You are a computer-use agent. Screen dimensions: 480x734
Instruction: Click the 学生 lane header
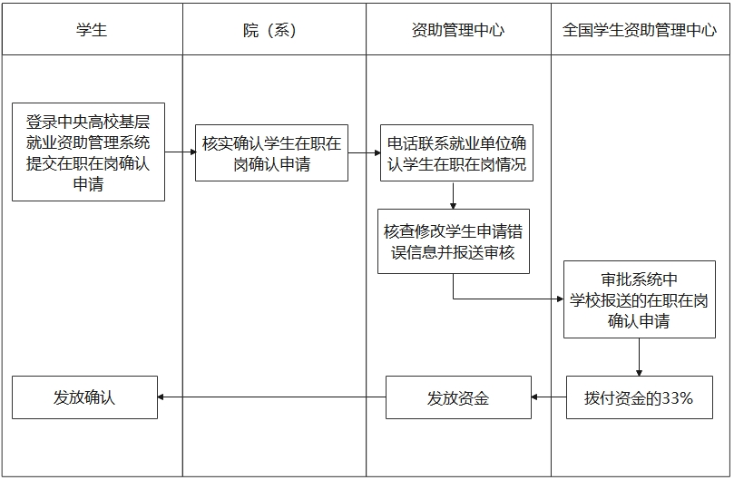click(x=92, y=30)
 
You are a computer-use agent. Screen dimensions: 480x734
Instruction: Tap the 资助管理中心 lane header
click(x=457, y=30)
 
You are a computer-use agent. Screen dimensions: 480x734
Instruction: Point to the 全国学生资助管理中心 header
click(x=639, y=30)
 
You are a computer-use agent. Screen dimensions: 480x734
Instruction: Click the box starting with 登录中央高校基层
click(x=88, y=152)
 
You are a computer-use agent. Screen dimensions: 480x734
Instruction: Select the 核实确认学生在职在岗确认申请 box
click(x=271, y=153)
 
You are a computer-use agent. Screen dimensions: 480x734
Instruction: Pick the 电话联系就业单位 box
click(x=455, y=153)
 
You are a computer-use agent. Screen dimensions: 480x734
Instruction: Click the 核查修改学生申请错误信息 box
click(x=453, y=240)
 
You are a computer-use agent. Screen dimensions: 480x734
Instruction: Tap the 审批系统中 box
click(x=639, y=299)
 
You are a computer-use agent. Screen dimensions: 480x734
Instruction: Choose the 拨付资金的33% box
click(x=639, y=397)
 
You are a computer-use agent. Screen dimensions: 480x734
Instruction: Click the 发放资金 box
click(x=457, y=397)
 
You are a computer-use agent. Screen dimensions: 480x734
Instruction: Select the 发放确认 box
click(x=84, y=397)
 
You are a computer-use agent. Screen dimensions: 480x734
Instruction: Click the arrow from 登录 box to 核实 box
click(x=180, y=152)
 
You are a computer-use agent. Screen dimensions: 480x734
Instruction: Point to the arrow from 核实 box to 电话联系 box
click(x=364, y=152)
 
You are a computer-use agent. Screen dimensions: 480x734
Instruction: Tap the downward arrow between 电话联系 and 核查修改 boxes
click(x=453, y=196)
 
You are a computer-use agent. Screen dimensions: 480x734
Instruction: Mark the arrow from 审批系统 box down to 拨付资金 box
click(x=639, y=358)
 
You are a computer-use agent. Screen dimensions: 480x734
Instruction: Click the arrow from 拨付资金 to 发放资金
click(x=548, y=397)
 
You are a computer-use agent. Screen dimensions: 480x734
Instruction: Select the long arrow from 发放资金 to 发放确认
click(x=271, y=397)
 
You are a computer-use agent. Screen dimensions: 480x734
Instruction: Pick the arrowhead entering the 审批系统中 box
click(x=558, y=298)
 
